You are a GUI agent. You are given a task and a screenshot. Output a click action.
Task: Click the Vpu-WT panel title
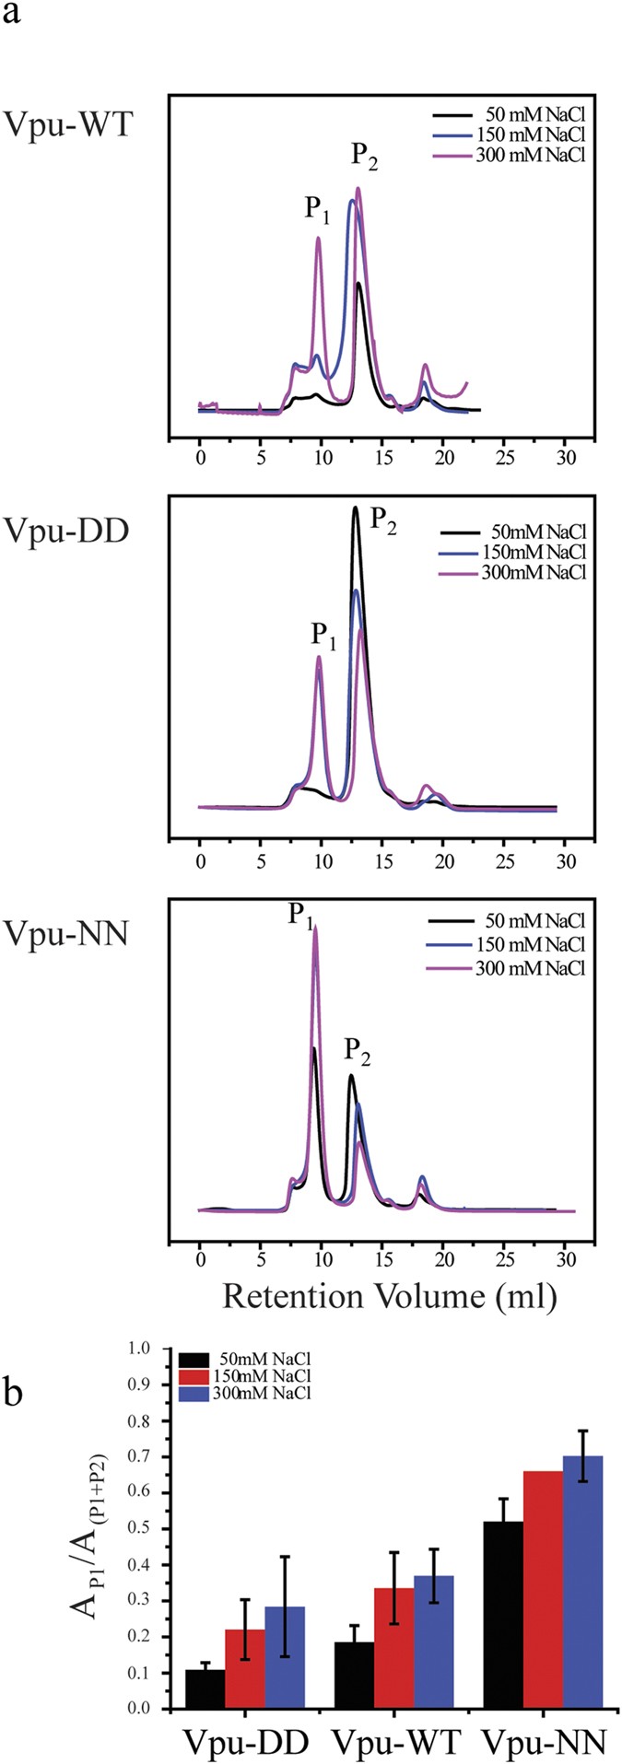pyautogui.click(x=69, y=123)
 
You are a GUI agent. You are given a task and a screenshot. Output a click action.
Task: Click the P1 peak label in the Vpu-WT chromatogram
pyautogui.click(x=318, y=209)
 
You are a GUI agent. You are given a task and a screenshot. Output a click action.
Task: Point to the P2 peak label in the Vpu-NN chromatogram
pyautogui.click(x=358, y=1049)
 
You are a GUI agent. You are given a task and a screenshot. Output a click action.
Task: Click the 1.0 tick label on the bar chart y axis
pyautogui.click(x=139, y=1349)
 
